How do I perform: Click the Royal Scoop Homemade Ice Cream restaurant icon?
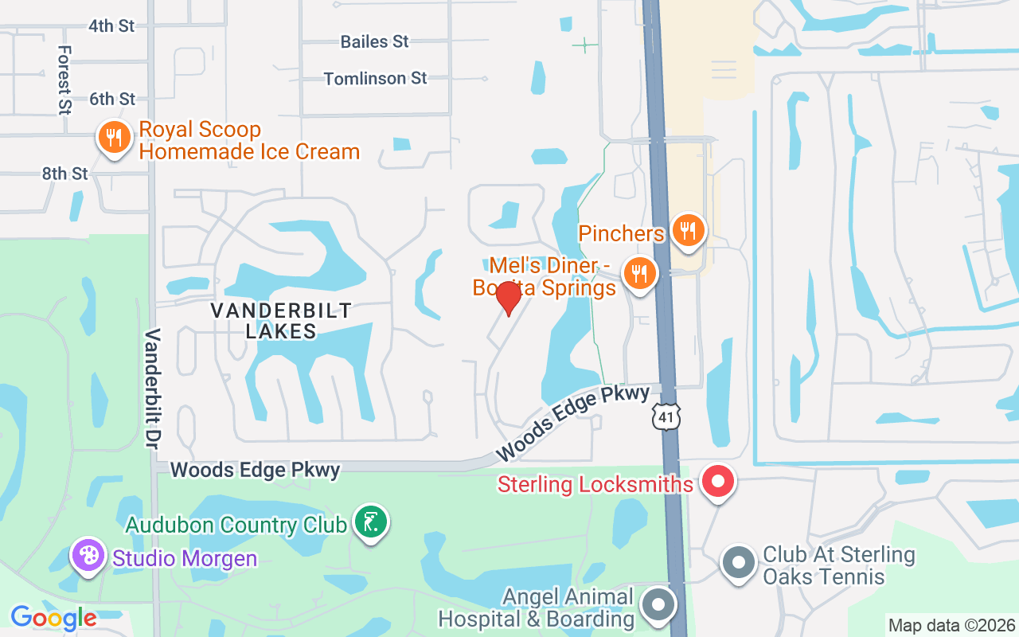115,138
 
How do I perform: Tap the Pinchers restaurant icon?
689,230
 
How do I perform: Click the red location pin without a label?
508,298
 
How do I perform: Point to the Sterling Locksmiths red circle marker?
719,482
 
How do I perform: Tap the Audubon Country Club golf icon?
370,522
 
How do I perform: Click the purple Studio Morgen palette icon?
88,555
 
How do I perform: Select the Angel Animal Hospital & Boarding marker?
658,604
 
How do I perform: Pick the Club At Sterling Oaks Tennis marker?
738,563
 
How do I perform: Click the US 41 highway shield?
666,416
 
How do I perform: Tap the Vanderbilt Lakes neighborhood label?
281,321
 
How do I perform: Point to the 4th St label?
111,25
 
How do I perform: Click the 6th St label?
112,99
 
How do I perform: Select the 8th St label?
65,173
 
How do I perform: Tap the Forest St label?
64,79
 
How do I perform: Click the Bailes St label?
374,41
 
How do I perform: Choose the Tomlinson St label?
375,78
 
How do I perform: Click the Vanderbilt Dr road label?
152,388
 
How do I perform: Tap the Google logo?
53,617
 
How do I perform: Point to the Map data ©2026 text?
952,625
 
